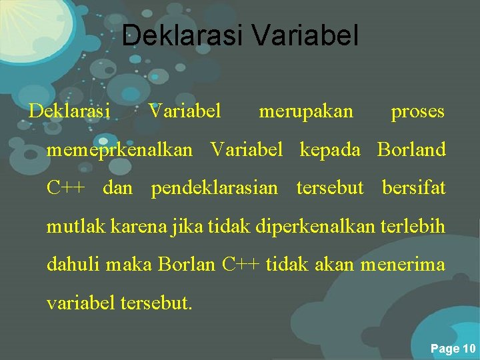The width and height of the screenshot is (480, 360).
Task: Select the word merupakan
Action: (306, 111)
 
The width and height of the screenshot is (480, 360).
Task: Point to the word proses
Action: (417, 111)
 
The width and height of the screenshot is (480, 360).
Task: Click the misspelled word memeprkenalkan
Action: (119, 150)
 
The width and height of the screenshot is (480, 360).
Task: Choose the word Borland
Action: (411, 150)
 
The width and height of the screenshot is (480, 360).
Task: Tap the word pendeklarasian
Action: (214, 188)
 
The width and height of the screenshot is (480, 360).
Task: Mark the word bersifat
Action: (413, 188)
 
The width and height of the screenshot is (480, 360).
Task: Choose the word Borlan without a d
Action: (187, 265)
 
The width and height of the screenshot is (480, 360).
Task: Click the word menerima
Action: (403, 265)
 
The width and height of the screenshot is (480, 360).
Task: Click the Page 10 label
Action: (453, 349)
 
